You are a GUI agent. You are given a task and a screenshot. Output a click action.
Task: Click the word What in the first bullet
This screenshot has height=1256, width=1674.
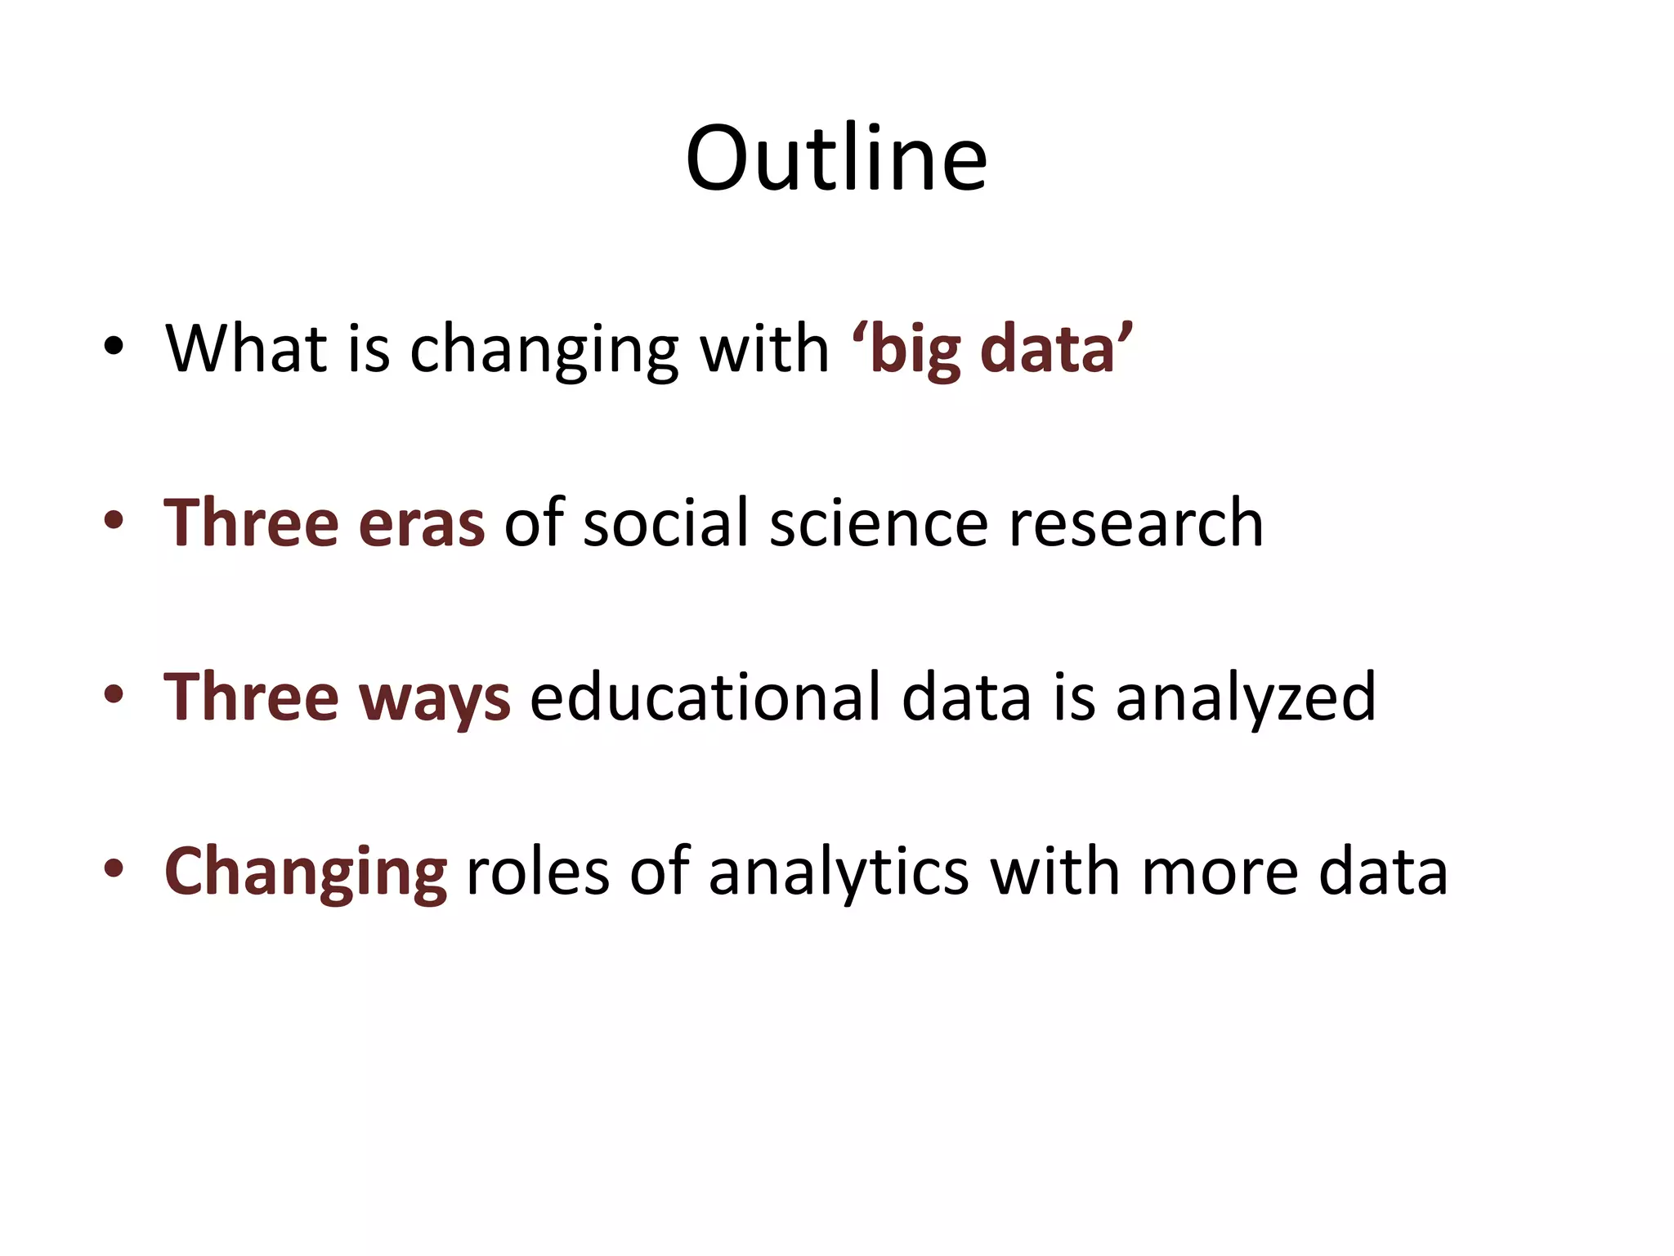(246, 349)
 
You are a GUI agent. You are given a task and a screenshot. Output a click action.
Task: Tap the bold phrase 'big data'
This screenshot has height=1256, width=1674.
(991, 349)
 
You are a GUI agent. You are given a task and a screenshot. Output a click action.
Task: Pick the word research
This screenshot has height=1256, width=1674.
(1136, 524)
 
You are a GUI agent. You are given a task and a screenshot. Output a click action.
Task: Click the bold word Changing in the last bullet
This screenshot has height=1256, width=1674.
(306, 873)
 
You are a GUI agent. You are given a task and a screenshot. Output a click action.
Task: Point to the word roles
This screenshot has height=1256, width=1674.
(537, 872)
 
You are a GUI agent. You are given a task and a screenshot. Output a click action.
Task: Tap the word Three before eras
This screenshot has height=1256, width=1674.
(251, 523)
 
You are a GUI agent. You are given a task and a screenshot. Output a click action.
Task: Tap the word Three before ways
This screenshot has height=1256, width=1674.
(251, 698)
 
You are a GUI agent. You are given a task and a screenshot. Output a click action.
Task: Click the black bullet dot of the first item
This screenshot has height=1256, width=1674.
(114, 347)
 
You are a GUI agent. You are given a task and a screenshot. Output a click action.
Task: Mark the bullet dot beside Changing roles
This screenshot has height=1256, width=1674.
(114, 869)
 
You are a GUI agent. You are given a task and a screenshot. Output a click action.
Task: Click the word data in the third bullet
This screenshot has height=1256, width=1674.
(966, 698)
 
